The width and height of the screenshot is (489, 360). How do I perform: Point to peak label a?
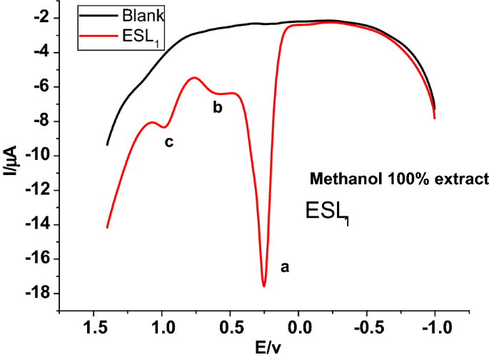point(285,267)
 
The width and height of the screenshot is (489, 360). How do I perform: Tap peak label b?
point(218,108)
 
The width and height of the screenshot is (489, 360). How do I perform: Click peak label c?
point(169,142)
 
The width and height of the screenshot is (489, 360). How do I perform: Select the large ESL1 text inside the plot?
point(328,211)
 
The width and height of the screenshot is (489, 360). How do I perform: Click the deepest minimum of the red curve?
point(264,286)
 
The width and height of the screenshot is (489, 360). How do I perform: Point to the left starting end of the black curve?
point(107,145)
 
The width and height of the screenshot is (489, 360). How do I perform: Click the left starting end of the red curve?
point(107,227)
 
